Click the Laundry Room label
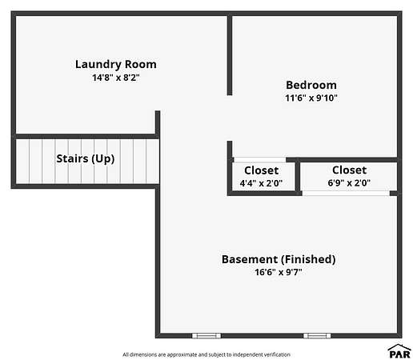coord(116,65)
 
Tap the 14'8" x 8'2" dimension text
coord(116,78)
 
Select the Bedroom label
coord(311,85)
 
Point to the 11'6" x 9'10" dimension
coord(311,98)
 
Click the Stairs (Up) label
coord(86,159)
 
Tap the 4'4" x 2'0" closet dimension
coord(261,183)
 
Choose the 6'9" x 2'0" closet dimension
coord(349,182)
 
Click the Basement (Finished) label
coord(279,259)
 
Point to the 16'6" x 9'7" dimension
coord(279,272)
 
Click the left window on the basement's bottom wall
coord(206,336)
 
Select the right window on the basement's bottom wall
coord(317,336)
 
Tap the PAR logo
coord(399,351)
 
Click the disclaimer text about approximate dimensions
coord(206,354)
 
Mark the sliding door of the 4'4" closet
coord(260,160)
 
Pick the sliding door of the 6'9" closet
coord(346,194)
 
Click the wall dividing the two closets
coord(298,176)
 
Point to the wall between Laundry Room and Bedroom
coord(230,55)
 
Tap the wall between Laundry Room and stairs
coord(86,137)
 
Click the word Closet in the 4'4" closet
coord(261,170)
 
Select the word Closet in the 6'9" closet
coord(349,170)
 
